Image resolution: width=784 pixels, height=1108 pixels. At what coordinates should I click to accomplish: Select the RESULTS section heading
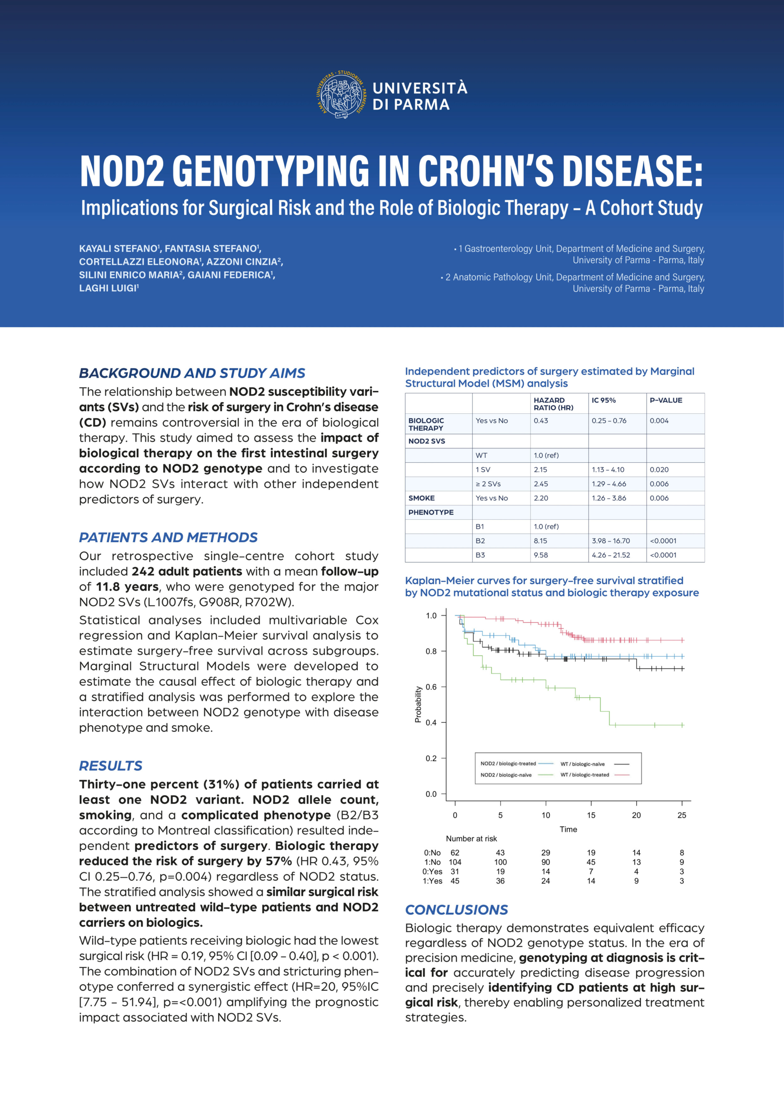click(110, 765)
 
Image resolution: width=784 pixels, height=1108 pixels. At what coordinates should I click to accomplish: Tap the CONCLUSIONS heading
click(456, 909)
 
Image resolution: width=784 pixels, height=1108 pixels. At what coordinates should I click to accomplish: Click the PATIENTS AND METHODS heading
click(168, 537)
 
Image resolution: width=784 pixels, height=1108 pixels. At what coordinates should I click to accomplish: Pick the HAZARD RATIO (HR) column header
click(553, 403)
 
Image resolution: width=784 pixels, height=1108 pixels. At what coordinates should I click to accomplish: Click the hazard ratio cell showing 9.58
click(541, 555)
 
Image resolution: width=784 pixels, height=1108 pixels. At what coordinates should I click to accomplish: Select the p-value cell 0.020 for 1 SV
click(659, 470)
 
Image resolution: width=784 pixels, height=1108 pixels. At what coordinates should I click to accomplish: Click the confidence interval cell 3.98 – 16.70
click(611, 541)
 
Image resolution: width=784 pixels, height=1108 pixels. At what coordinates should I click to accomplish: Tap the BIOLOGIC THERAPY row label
click(426, 424)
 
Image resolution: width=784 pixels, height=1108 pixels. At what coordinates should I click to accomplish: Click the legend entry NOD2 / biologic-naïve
click(506, 775)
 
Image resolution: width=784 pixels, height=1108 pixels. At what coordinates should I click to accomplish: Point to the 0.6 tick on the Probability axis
click(431, 687)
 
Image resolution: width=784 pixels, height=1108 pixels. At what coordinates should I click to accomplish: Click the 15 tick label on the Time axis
click(591, 815)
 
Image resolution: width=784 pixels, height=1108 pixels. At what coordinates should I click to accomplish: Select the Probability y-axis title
click(418, 705)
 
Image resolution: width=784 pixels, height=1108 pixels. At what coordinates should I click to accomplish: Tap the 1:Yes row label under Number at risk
click(432, 881)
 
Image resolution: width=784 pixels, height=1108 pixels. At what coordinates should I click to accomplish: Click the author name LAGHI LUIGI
click(108, 288)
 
